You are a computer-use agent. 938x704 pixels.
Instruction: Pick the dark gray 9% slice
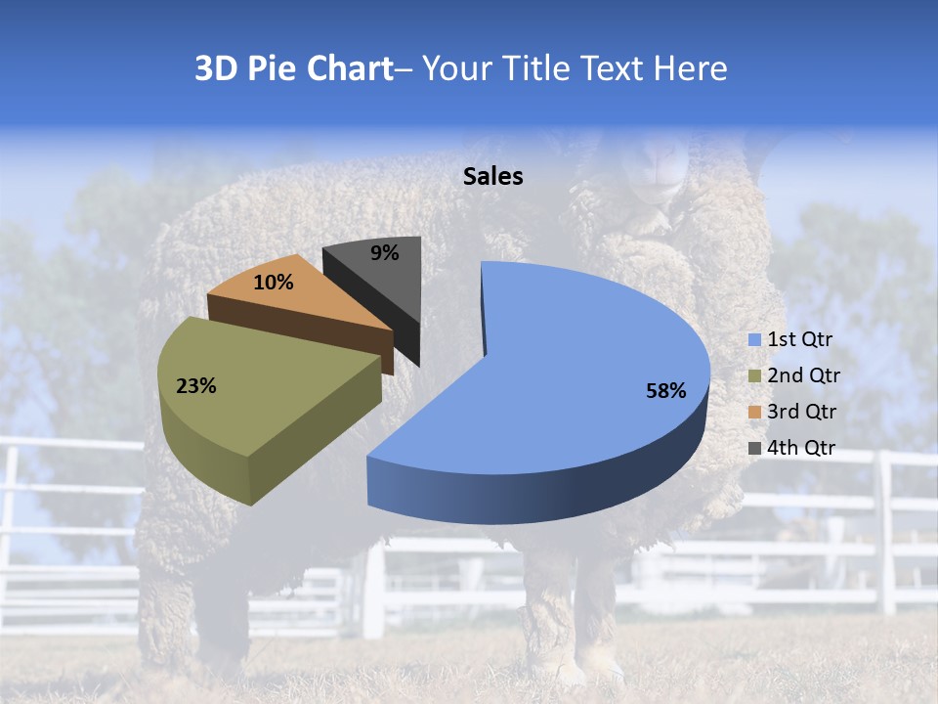(381, 279)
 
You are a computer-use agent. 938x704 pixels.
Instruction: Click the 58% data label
(666, 391)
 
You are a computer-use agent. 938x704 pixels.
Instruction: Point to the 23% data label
(196, 386)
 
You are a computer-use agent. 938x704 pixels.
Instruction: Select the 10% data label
(274, 284)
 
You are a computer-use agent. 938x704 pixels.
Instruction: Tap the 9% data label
(385, 253)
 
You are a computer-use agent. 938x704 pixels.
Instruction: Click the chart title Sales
(493, 177)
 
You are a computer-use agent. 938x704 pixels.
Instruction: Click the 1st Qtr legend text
(799, 339)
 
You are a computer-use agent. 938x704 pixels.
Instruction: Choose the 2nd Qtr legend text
(803, 375)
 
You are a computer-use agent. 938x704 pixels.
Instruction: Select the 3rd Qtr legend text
(802, 412)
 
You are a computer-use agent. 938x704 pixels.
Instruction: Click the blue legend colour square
(754, 340)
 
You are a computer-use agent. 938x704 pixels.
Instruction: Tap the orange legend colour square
(754, 413)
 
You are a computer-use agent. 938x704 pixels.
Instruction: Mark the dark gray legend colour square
(754, 449)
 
